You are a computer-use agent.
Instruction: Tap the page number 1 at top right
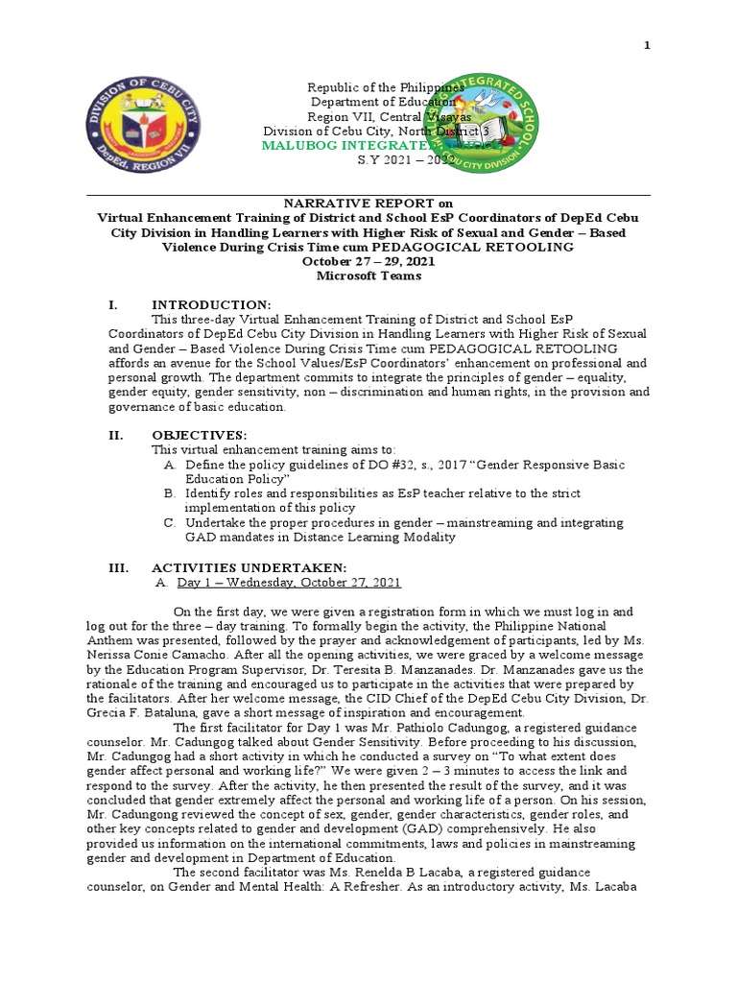coord(647,45)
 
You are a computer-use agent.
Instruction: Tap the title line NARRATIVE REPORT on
coord(368,204)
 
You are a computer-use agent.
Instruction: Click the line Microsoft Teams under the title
coord(368,276)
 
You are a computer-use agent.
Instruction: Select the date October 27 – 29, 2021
coord(368,261)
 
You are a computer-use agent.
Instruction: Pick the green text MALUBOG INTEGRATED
coord(345,144)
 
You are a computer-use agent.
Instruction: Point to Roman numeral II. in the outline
coord(115,435)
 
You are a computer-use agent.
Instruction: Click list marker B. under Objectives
coord(169,493)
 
